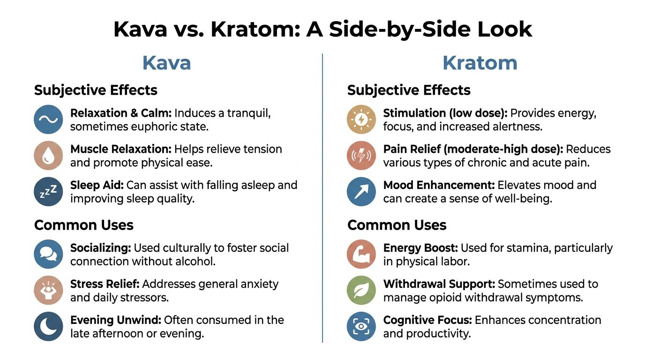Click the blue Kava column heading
(166, 63)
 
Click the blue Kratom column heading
(480, 63)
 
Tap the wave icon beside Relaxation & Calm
(48, 120)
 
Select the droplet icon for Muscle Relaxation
(48, 156)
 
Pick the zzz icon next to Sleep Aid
(48, 191)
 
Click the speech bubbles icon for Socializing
(48, 254)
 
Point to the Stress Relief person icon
(48, 290)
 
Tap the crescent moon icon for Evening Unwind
(48, 326)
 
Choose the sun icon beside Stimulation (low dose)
(361, 120)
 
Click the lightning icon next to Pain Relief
(361, 156)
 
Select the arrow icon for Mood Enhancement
(361, 191)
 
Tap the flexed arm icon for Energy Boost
(361, 254)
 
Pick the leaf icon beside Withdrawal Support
(361, 290)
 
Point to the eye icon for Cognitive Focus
(361, 326)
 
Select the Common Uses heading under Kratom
(397, 225)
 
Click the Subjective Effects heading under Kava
(96, 90)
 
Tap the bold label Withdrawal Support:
(439, 284)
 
